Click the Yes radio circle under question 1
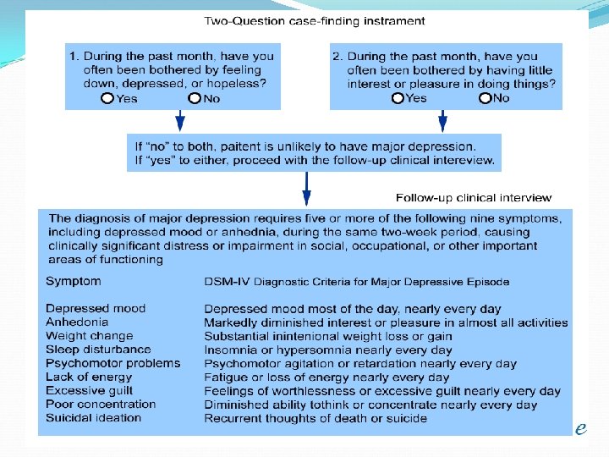click(107, 98)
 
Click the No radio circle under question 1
click(195, 98)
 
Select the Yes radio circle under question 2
click(398, 98)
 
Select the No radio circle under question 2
click(485, 98)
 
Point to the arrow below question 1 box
click(178, 120)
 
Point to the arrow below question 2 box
click(442, 120)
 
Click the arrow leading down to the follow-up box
click(306, 187)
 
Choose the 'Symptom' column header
click(73, 281)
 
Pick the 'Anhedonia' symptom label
click(76, 322)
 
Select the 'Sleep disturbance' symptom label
click(98, 350)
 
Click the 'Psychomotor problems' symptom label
click(112, 363)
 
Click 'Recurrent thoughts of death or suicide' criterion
click(315, 418)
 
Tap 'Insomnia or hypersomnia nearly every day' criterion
click(328, 350)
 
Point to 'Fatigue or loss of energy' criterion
click(326, 377)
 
